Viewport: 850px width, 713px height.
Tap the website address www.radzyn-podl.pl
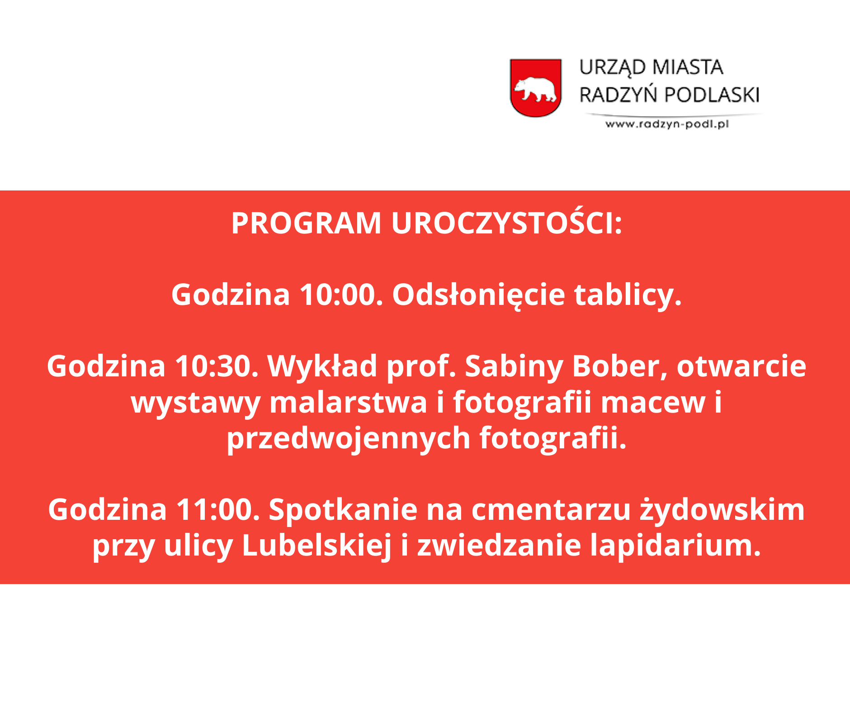[x=667, y=124]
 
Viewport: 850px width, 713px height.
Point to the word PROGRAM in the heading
[x=306, y=223]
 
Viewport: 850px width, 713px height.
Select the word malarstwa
[x=348, y=403]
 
